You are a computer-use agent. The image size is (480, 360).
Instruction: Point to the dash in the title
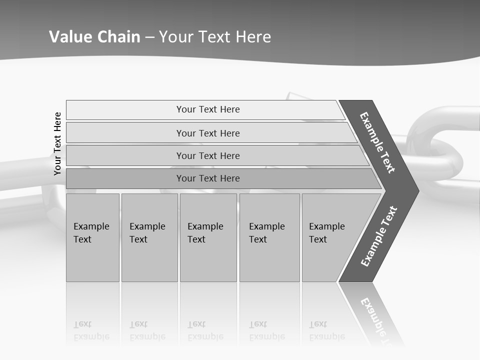point(150,37)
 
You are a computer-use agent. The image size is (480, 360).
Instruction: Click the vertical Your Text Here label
point(57,143)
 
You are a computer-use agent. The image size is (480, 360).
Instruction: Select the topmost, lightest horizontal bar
point(207,109)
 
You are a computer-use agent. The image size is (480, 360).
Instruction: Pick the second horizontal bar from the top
point(207,133)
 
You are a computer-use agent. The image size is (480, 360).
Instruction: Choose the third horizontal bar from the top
point(207,155)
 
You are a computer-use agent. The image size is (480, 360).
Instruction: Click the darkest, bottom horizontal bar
point(207,178)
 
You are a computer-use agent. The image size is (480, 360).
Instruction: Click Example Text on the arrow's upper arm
point(377,142)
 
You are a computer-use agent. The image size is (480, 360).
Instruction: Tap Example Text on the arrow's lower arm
point(379,236)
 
